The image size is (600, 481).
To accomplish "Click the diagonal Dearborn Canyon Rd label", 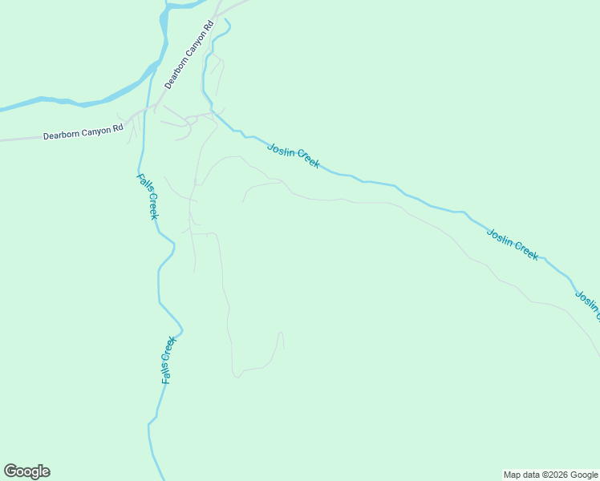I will [189, 54].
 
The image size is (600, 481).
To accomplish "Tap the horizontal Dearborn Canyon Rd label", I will [83, 131].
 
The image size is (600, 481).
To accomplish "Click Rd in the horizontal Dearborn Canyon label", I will [119, 127].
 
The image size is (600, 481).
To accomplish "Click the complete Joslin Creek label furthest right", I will [513, 244].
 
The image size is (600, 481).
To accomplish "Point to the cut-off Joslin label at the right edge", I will [587, 305].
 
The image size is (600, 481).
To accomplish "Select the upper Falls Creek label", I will [148, 196].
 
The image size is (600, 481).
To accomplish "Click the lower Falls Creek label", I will [168, 359].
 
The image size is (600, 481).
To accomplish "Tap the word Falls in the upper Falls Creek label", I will [143, 185].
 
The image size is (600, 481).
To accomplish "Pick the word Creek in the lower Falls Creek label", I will [169, 348].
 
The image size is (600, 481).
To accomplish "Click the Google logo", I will [27, 471].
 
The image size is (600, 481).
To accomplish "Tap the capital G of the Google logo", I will [10, 471].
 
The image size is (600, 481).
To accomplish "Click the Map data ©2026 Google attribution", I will [551, 475].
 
